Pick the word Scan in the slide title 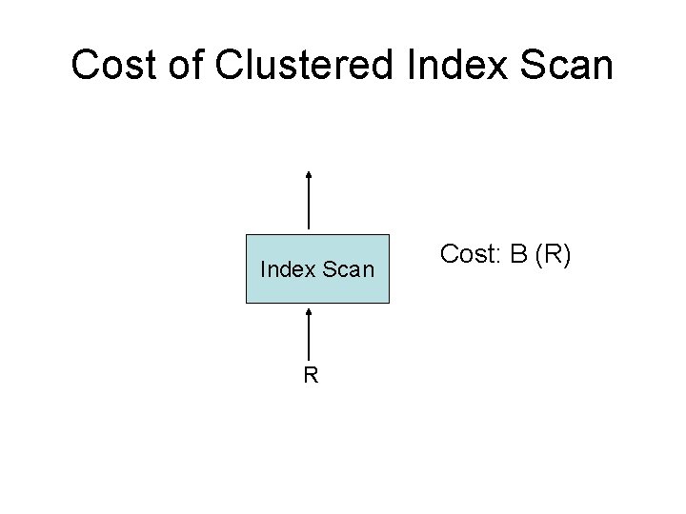pyautogui.click(x=568, y=65)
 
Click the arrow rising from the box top pyautogui.click(x=310, y=202)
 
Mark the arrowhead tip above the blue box pyautogui.click(x=310, y=172)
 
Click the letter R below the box pyautogui.click(x=311, y=374)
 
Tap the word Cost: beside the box pyautogui.click(x=471, y=254)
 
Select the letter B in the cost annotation pyautogui.click(x=519, y=254)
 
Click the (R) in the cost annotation pyautogui.click(x=553, y=254)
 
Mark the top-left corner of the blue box pyautogui.click(x=247, y=234)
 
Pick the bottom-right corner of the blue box pyautogui.click(x=390, y=303)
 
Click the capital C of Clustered pyautogui.click(x=232, y=65)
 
